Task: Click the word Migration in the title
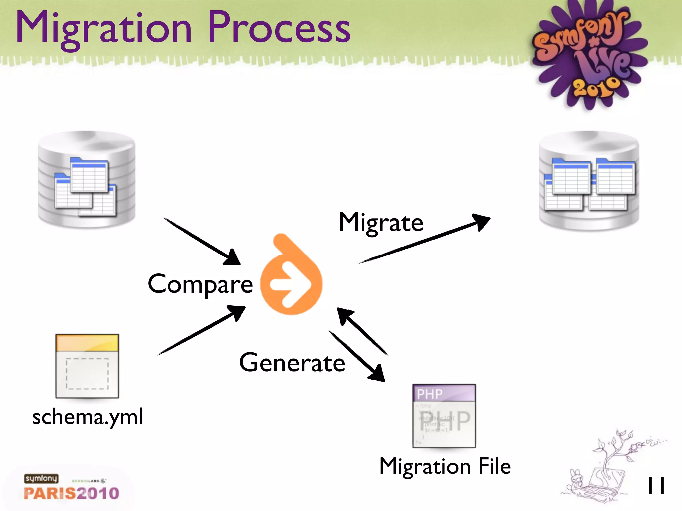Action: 104,28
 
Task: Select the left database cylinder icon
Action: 87,180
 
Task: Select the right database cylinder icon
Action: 589,181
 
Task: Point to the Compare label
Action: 200,284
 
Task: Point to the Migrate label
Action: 381,222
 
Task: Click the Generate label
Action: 292,363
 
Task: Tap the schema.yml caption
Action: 88,417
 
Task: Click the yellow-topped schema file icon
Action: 87,366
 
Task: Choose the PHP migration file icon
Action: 444,416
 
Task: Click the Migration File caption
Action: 445,466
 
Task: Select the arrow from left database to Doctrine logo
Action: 201,241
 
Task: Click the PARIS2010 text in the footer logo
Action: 71,493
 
